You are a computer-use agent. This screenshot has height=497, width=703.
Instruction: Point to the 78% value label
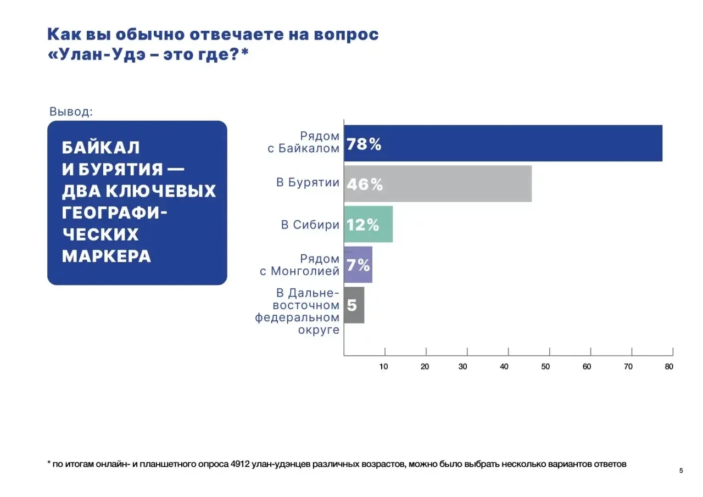[364, 144]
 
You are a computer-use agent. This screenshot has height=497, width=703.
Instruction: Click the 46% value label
[365, 185]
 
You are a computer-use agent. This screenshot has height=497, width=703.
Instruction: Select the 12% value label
[363, 225]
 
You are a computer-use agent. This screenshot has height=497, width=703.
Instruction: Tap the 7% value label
[358, 265]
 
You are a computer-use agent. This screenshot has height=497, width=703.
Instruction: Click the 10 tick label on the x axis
[384, 366]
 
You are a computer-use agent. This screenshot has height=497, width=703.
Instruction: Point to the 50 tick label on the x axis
[545, 366]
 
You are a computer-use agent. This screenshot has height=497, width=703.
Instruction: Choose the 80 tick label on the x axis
[668, 366]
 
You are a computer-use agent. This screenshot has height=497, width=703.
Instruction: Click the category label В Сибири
[310, 225]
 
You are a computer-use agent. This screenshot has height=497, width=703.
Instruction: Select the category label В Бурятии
[308, 183]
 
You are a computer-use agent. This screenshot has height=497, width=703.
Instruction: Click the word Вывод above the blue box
[71, 111]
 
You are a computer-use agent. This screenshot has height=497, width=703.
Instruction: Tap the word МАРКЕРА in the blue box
[107, 256]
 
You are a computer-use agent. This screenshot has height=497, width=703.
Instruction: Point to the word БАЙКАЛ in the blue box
[101, 148]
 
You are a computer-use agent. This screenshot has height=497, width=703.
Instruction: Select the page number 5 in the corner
[681, 471]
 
